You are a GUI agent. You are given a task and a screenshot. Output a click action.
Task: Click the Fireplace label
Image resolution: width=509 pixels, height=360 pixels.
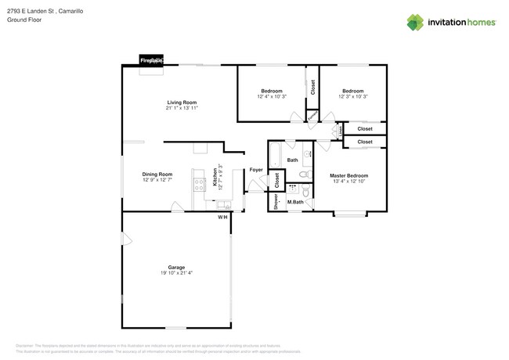point(151,60)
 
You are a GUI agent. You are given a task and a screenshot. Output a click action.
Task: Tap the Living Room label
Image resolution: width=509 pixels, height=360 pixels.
point(181,103)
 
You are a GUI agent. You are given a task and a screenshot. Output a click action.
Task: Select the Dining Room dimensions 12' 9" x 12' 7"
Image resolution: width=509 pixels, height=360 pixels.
point(157,180)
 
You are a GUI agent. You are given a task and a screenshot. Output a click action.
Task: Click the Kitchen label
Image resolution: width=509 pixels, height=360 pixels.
point(215,178)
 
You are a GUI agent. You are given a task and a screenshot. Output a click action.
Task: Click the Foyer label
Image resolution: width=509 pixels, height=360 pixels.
point(256,169)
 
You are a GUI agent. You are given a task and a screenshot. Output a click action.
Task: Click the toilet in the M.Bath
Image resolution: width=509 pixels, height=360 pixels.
point(305,190)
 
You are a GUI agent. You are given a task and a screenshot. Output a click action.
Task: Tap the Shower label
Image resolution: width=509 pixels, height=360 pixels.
point(276,202)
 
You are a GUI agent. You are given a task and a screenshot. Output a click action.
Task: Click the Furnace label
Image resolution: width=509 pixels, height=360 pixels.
point(312,116)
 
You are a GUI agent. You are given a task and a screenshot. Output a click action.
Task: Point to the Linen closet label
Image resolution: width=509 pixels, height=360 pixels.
point(341,130)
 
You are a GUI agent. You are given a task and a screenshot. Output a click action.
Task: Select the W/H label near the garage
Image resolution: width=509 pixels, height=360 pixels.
point(222,217)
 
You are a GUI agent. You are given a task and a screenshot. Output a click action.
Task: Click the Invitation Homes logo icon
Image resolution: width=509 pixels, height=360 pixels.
point(417,22)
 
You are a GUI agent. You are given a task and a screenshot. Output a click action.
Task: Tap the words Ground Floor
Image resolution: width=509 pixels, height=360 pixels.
point(25,20)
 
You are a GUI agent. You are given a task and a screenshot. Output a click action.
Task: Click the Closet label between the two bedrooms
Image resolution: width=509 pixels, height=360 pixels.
point(312,88)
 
